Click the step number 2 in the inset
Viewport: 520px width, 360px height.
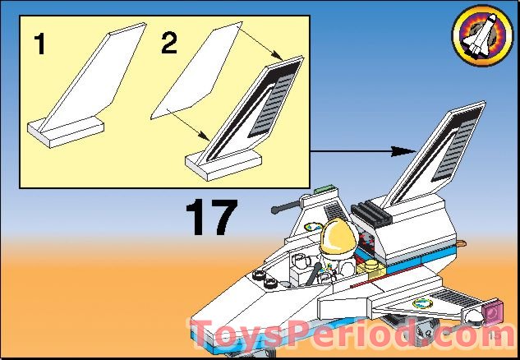168,44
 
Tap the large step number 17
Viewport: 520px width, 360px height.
210,216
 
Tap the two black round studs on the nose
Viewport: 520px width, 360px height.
269,281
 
